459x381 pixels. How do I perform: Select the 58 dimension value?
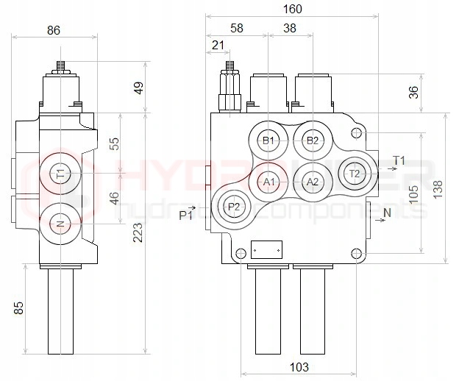(236, 28)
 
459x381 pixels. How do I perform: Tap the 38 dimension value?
(290, 28)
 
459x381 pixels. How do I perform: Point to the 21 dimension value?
(218, 46)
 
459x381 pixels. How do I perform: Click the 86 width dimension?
(54, 30)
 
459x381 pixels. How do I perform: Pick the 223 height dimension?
(138, 234)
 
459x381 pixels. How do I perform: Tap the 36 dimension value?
(414, 93)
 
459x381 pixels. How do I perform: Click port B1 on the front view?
(268, 140)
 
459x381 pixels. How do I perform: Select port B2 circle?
(313, 140)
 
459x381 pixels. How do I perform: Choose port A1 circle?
(268, 182)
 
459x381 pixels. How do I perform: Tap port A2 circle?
(313, 182)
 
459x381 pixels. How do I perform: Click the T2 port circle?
(355, 174)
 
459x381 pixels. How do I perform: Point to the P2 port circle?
(233, 207)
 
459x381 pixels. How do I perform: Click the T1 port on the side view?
(61, 174)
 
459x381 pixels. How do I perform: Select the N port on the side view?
(61, 224)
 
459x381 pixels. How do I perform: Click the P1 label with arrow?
(188, 214)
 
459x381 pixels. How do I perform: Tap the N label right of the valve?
(387, 213)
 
